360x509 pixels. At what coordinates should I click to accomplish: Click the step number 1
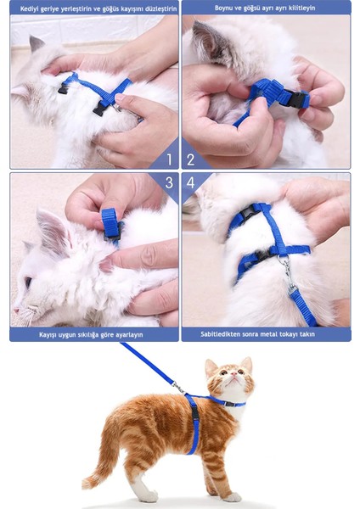169,159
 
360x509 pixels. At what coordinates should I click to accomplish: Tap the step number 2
191,159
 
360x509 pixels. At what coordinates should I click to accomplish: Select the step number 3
169,182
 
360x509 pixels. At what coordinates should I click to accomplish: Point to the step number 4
190,182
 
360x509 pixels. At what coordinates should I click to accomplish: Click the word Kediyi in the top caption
29,8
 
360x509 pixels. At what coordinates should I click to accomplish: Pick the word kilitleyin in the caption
301,8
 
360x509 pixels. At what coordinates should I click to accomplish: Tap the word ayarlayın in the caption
129,335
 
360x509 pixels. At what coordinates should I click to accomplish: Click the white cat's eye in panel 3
28,282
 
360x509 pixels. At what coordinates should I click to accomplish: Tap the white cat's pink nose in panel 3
15,310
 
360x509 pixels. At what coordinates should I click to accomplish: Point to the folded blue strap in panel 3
111,224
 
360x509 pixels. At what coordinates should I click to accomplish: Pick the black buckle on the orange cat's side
195,413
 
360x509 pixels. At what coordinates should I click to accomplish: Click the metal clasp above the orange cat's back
178,387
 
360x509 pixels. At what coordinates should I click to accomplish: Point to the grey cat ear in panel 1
36,44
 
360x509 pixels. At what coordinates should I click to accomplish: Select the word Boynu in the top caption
223,8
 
